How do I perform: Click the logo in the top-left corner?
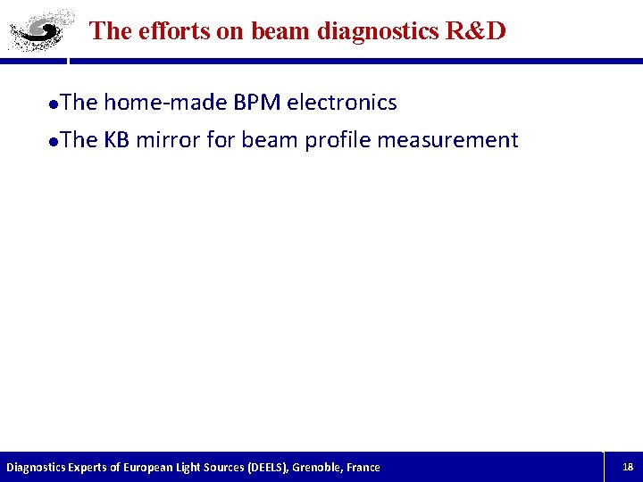pyautogui.click(x=37, y=32)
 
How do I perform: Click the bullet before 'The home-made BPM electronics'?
pyautogui.click(x=54, y=104)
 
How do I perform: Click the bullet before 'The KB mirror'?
pyautogui.click(x=54, y=141)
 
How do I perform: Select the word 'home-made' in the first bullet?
pyautogui.click(x=165, y=103)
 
